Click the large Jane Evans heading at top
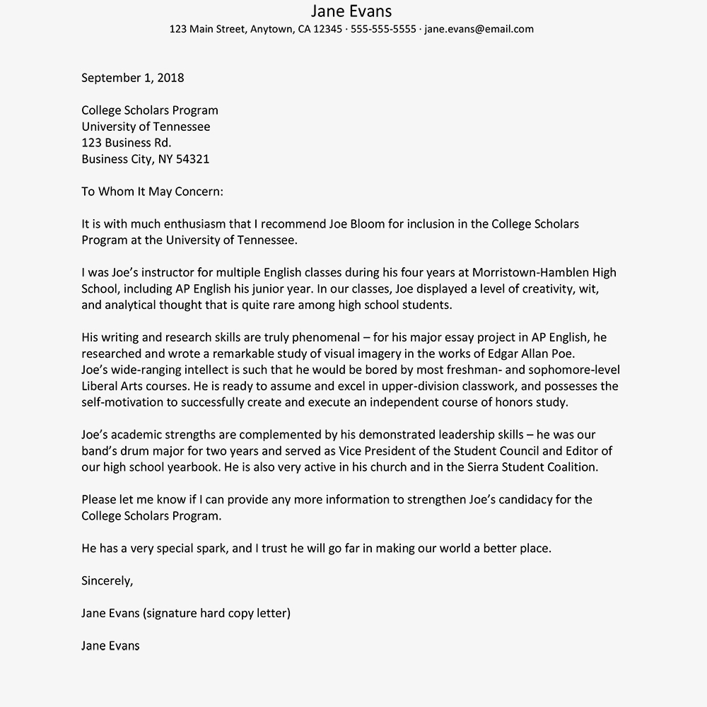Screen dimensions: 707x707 [351, 11]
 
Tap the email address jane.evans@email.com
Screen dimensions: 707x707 [479, 30]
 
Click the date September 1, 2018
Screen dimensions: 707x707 [132, 78]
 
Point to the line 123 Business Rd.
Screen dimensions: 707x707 [126, 143]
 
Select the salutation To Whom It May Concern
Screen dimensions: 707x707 [152, 192]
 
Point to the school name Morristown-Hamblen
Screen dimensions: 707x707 [532, 273]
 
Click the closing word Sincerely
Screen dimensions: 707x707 [107, 581]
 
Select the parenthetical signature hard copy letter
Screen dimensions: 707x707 [216, 613]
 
